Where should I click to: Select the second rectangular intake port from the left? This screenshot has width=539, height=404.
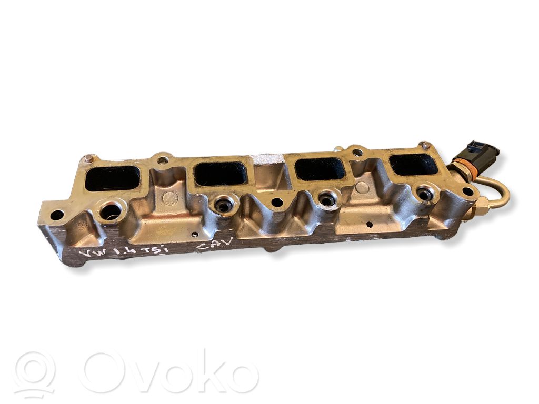click(221, 170)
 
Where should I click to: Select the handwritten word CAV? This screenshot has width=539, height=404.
click(215, 243)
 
